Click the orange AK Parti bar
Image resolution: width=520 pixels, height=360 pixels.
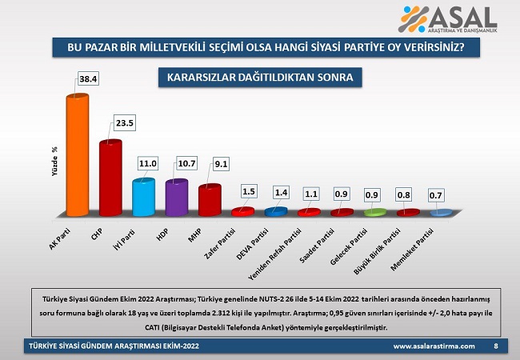(77, 156)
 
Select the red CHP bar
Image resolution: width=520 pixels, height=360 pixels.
(110, 178)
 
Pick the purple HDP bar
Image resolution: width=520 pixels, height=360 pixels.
(176, 198)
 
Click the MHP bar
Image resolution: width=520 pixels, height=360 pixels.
(209, 200)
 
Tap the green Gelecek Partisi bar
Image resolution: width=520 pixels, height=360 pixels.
(374, 212)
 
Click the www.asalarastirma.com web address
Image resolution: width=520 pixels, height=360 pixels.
(434, 346)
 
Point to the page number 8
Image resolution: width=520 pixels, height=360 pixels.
(496, 346)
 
